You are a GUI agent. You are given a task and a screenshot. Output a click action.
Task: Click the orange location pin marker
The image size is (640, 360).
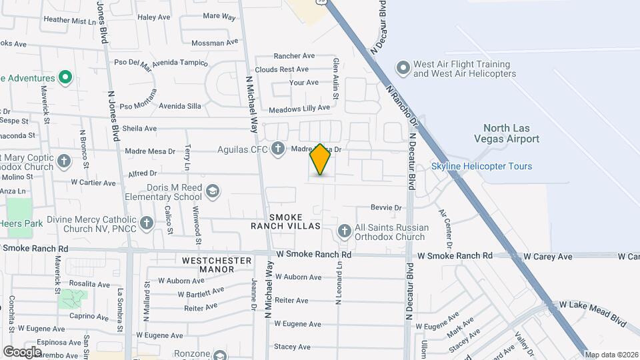(x=321, y=159)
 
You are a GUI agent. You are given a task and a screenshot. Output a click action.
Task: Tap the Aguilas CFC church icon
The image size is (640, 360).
(x=277, y=149)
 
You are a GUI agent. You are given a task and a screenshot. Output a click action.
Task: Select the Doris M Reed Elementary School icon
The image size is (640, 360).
(x=212, y=191)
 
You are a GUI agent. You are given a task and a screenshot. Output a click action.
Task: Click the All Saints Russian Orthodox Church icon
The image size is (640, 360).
(x=345, y=231)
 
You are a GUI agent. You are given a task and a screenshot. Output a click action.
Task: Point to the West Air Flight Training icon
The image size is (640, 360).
(x=402, y=68)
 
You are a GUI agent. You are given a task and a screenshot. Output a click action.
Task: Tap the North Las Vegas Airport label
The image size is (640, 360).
(x=511, y=133)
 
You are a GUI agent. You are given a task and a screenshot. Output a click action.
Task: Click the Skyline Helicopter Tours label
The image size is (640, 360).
(x=481, y=166)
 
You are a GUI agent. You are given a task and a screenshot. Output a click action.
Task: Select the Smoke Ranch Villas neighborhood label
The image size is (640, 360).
(x=285, y=222)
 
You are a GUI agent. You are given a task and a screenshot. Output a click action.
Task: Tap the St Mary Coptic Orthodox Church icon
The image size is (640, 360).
(x=64, y=161)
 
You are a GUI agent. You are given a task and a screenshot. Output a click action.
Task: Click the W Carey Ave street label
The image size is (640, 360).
(x=547, y=256)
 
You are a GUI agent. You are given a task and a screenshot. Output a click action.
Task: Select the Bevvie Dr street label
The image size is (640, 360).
(x=388, y=208)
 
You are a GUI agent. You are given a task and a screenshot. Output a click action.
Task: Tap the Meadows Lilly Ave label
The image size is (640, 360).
(x=299, y=107)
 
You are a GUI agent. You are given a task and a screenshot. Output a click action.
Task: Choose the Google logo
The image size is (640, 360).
(x=22, y=351)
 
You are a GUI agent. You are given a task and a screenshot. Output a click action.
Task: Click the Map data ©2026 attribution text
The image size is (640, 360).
(x=611, y=355)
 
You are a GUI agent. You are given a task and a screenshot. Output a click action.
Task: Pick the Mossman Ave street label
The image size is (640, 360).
(x=214, y=43)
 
